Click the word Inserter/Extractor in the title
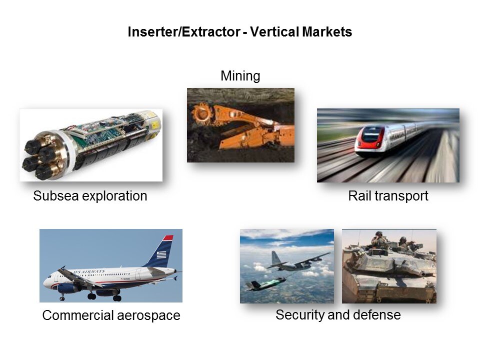[x=184, y=32]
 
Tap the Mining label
[x=240, y=76]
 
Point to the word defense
[x=379, y=315]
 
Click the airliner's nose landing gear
[x=62, y=297]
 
